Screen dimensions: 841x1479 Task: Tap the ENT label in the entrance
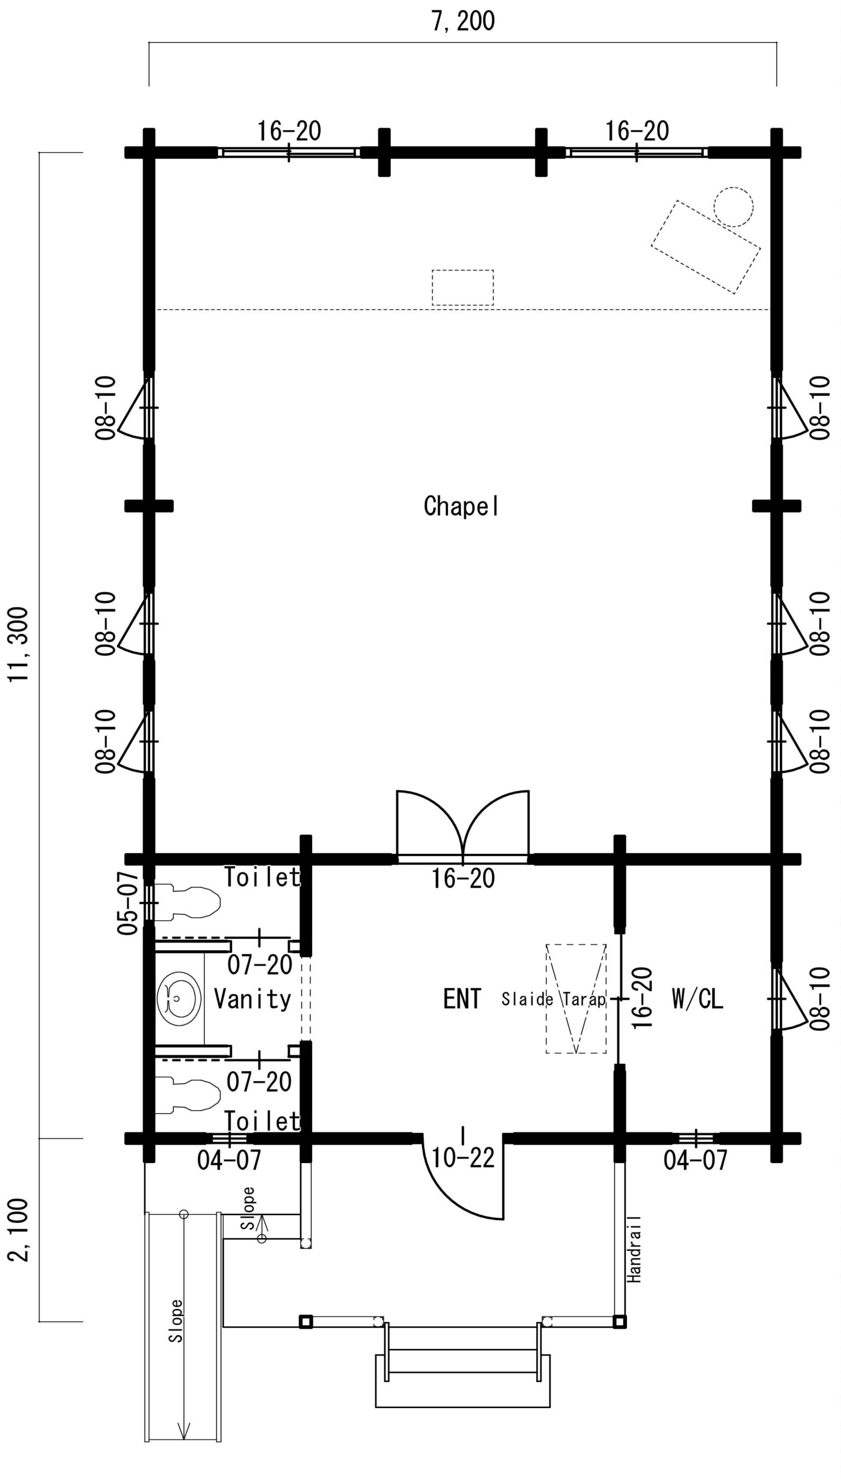click(462, 999)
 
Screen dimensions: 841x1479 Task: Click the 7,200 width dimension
click(463, 21)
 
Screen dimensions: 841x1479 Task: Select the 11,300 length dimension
click(18, 644)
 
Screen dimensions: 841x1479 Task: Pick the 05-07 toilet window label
click(128, 903)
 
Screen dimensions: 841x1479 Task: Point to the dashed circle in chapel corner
click(734, 206)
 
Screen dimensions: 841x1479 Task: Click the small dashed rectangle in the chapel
click(463, 287)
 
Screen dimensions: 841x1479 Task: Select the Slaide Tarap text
click(554, 999)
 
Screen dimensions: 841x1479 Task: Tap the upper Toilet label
click(262, 877)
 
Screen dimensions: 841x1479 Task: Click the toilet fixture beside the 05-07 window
click(188, 901)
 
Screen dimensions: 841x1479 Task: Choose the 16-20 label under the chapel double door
click(463, 879)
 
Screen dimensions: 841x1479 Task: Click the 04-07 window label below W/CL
click(696, 1160)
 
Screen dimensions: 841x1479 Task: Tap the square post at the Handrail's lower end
click(619, 1321)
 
